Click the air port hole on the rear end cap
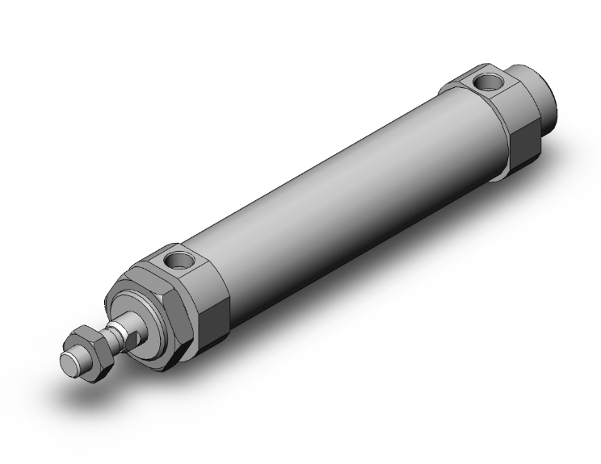tap(486, 82)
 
